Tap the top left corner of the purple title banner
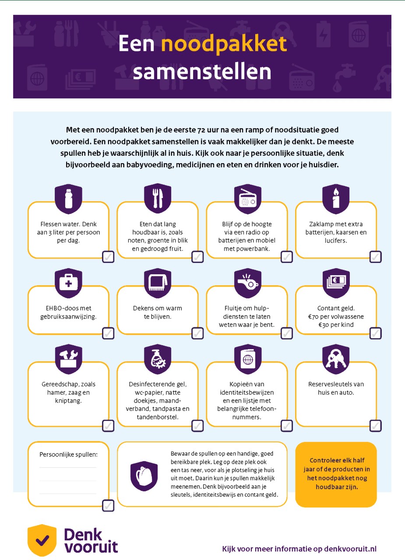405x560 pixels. tap(13, 15)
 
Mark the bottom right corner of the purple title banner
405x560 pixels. tap(391, 98)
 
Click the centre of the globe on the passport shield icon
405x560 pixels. tap(248, 360)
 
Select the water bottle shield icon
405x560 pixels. tap(68, 199)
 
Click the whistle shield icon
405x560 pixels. tap(248, 283)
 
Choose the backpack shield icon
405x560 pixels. tap(144, 476)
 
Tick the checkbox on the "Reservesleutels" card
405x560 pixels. tap(376, 426)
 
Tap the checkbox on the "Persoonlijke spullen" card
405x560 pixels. tap(108, 505)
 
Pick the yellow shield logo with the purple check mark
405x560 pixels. tap(42, 540)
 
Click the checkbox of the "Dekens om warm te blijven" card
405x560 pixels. tap(197, 333)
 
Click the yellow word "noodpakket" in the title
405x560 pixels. tap(224, 44)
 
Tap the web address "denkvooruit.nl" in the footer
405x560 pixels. tap(350, 549)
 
